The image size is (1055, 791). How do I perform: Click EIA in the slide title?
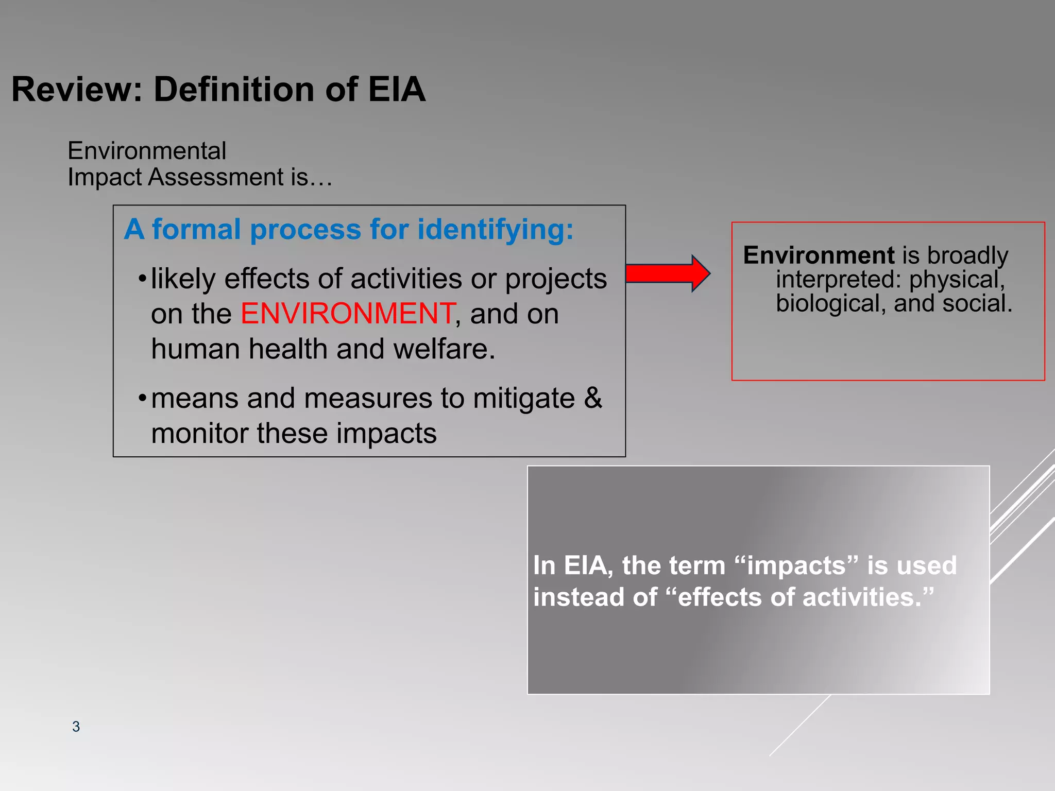tap(396, 90)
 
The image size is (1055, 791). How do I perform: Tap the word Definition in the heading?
tap(234, 90)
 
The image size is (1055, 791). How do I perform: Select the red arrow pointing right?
tap(668, 273)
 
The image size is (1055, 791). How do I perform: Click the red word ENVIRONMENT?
tap(348, 314)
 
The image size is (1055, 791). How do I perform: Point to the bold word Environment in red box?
tap(819, 255)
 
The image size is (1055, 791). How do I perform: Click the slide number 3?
tap(76, 726)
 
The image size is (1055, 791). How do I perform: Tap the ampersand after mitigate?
tap(593, 398)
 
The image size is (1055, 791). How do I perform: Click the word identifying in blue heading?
tap(495, 230)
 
